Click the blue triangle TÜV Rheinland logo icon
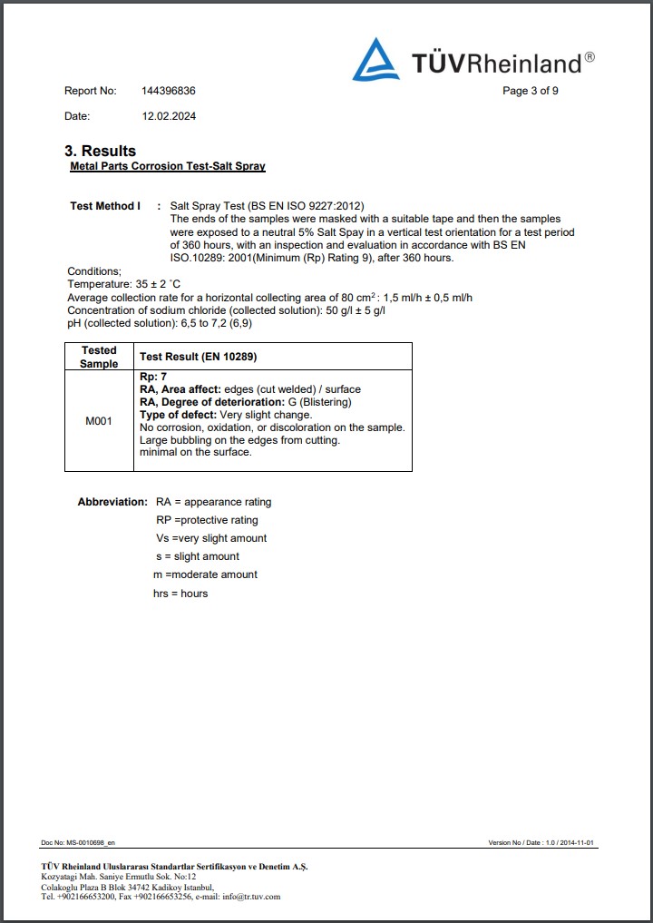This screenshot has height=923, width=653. tap(376, 60)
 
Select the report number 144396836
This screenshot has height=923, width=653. tap(169, 91)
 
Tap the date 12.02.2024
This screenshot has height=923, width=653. tap(169, 116)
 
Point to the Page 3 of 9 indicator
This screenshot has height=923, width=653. tap(531, 91)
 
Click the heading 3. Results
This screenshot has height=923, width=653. tap(100, 151)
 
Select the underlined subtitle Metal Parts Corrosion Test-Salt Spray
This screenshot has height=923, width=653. tap(168, 167)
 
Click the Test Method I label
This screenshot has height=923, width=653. tap(105, 206)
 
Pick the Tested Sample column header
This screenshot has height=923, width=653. tap(99, 357)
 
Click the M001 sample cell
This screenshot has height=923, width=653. tap(99, 421)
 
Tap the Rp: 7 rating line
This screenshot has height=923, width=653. tap(153, 377)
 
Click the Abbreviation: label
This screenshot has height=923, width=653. tap(112, 502)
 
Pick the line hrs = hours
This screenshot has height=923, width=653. tap(181, 594)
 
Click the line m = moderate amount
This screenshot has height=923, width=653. tap(206, 574)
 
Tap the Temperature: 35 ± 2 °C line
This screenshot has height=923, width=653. tap(124, 284)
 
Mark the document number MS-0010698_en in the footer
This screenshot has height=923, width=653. tap(72, 843)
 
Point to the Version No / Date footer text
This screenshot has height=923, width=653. tap(541, 843)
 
